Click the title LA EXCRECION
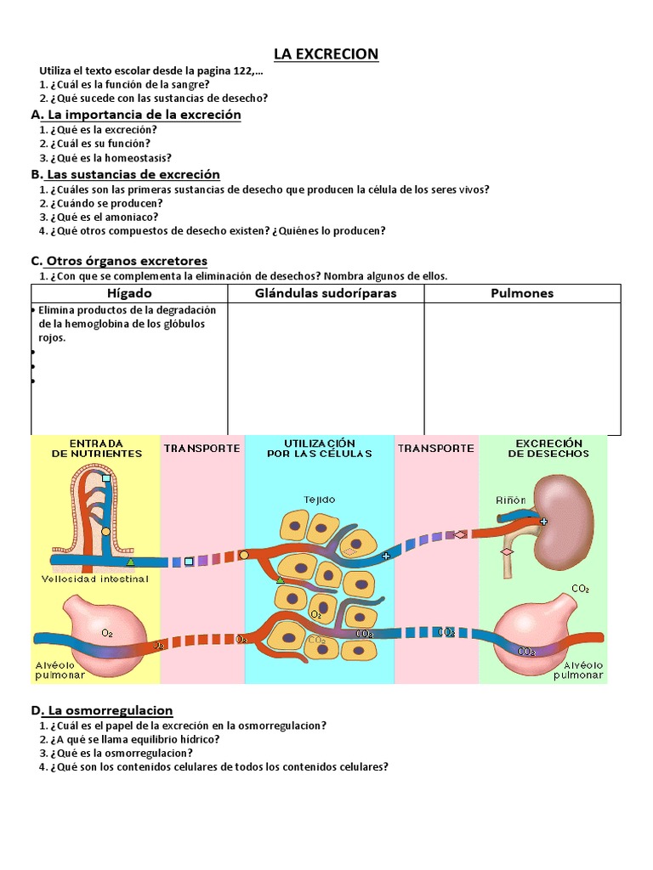point(326,54)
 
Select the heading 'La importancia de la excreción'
point(144,115)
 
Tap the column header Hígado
point(129,293)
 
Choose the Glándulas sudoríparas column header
point(326,293)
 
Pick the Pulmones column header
point(522,293)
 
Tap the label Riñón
point(511,500)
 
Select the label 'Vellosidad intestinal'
point(95,579)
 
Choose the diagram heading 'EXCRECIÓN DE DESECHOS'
point(548,449)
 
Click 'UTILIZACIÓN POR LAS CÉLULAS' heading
point(319,449)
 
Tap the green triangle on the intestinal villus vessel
point(130,562)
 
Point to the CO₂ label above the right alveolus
point(581,589)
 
